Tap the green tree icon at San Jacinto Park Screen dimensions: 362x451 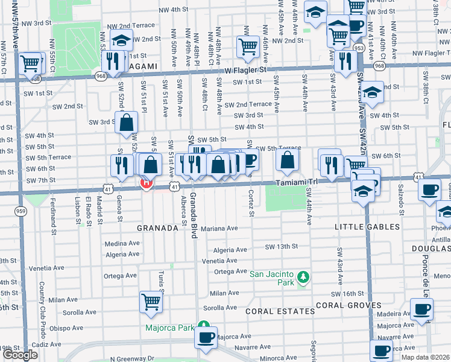click(x=305, y=277)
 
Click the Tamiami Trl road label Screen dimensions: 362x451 click(x=297, y=183)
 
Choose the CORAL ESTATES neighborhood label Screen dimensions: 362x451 click(x=280, y=311)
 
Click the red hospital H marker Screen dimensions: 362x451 click(x=145, y=183)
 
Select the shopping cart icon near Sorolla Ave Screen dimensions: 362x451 click(x=151, y=301)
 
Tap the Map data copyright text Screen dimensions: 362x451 click(x=425, y=357)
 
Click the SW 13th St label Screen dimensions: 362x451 click(x=282, y=246)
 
